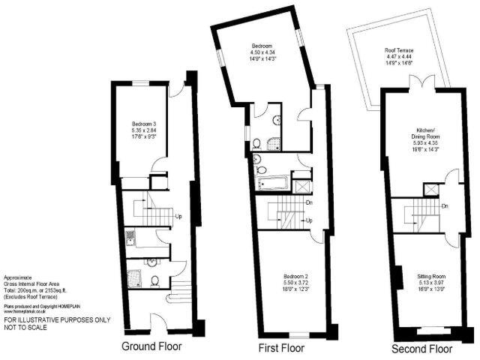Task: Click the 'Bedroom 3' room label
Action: click(143, 123)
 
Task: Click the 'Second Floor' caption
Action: click(422, 349)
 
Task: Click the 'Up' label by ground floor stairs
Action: click(178, 217)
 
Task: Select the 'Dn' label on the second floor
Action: click(445, 205)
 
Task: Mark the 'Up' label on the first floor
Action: click(308, 220)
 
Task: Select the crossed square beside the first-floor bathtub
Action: click(301, 181)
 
